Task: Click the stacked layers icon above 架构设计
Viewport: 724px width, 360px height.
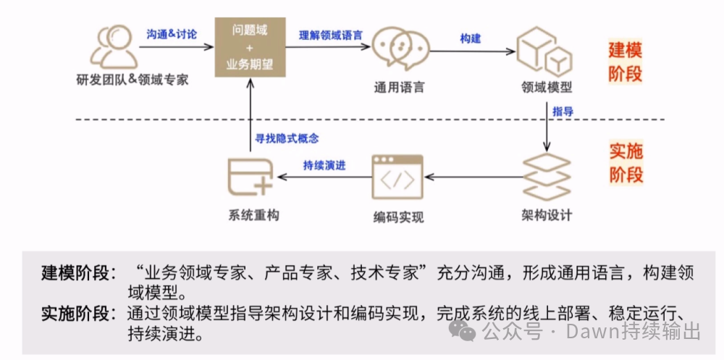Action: pyautogui.click(x=547, y=176)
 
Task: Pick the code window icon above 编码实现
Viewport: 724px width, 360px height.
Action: pyautogui.click(x=397, y=177)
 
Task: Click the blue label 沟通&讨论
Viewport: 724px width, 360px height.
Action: pyautogui.click(x=172, y=34)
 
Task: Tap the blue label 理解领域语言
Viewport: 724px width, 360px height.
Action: pyautogui.click(x=331, y=34)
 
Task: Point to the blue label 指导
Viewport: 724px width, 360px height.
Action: pyautogui.click(x=563, y=112)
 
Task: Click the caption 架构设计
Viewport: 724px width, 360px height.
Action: pyautogui.click(x=547, y=215)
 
